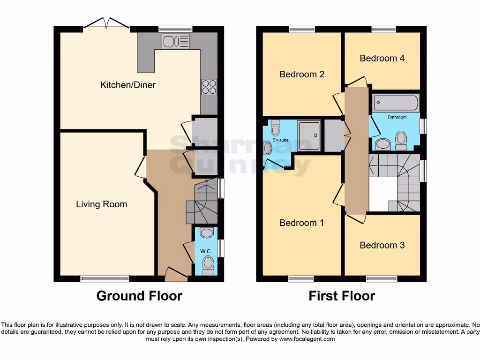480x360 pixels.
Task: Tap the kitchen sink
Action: coord(176,41)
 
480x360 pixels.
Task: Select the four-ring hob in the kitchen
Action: coord(209,87)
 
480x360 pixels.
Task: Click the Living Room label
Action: coord(101,204)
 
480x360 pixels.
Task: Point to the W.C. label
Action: coord(206,252)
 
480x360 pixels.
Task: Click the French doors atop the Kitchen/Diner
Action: coord(107,25)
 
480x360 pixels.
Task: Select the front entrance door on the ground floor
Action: coord(176,274)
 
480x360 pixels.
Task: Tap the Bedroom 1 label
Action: coord(301,223)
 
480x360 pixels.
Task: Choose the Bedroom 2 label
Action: coord(301,74)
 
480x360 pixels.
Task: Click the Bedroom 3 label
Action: coord(382,245)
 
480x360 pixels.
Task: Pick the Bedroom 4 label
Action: coord(382,58)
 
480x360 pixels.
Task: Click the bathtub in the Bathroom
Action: coord(396,103)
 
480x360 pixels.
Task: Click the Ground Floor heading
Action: coord(139,296)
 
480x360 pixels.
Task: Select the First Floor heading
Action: coord(342,296)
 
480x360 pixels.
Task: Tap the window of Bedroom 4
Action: coord(384,29)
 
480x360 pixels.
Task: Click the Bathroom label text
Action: coord(397,117)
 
